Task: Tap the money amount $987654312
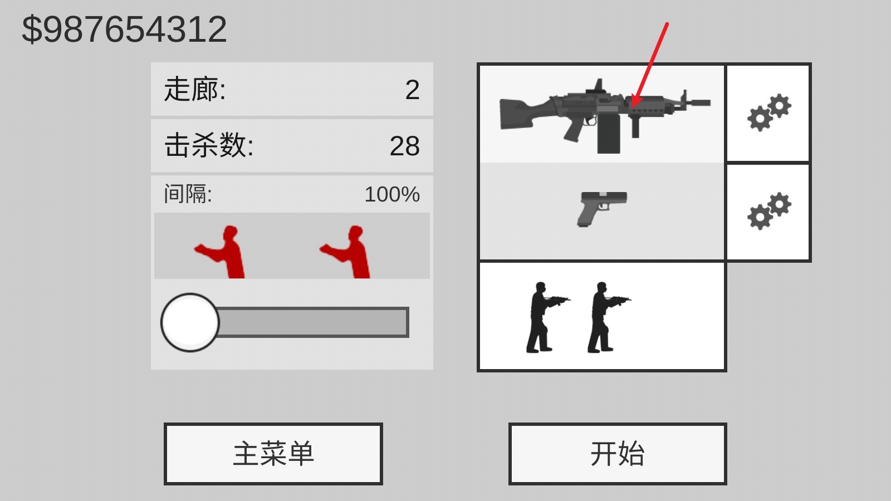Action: [124, 30]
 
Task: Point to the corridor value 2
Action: [412, 90]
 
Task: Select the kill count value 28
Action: [404, 146]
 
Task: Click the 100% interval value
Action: [392, 194]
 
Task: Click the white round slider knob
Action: [190, 322]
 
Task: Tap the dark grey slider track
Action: [312, 322]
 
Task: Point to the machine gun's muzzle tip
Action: [704, 103]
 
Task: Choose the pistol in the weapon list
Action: [602, 208]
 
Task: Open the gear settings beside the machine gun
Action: [768, 113]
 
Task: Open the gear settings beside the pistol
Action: [768, 212]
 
